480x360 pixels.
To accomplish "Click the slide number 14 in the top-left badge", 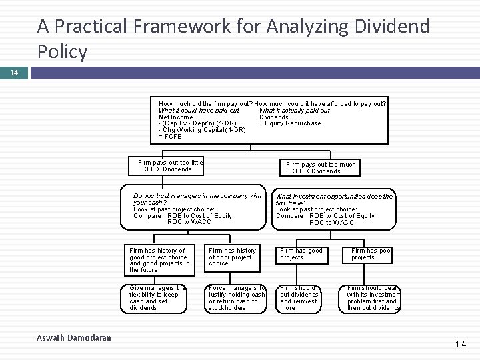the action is [14, 71].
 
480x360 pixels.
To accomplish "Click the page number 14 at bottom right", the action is [461, 344].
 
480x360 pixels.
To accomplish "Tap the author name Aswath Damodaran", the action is [73, 338].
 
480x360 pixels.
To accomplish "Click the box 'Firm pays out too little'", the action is [170, 166].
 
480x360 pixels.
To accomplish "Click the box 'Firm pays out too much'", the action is [321, 167].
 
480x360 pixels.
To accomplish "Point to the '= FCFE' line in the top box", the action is [170, 137].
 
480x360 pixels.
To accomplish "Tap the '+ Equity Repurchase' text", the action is [289, 123].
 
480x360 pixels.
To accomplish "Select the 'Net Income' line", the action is [176, 117].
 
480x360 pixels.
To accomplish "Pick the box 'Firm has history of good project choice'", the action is [159, 260].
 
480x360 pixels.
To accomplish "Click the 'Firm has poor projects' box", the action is [371, 254].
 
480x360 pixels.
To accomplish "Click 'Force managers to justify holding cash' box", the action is [237, 298].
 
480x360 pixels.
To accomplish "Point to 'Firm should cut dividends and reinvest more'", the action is [299, 298].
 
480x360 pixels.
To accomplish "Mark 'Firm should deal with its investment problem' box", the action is [373, 298].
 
